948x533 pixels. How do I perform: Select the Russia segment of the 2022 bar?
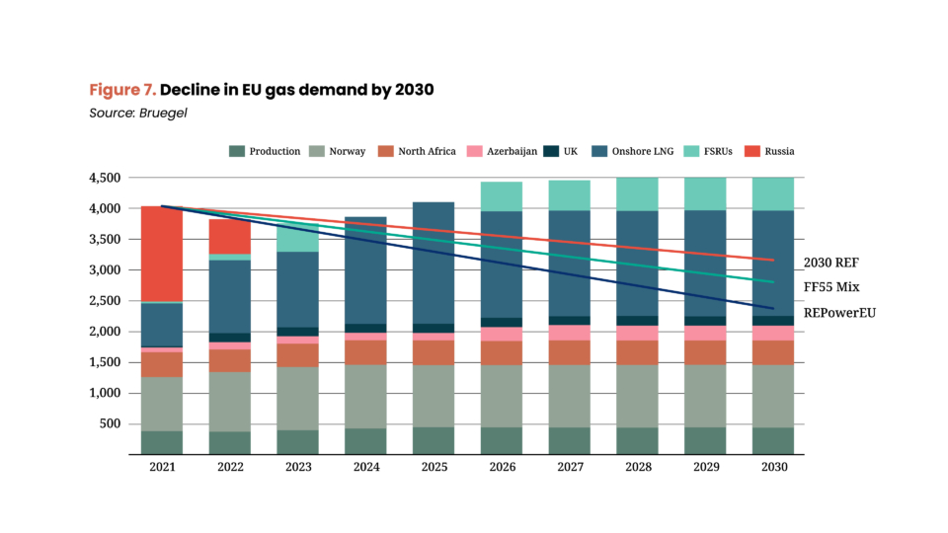pos(230,236)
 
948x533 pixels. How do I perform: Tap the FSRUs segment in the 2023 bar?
pos(298,239)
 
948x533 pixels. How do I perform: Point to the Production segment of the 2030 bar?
pos(774,440)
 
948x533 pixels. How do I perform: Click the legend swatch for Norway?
pos(318,151)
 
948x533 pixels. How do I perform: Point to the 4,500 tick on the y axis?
pos(104,178)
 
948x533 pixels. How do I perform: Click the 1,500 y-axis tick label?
pos(104,362)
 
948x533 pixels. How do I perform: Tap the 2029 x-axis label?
pos(704,468)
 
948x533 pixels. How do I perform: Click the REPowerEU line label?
pos(840,313)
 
